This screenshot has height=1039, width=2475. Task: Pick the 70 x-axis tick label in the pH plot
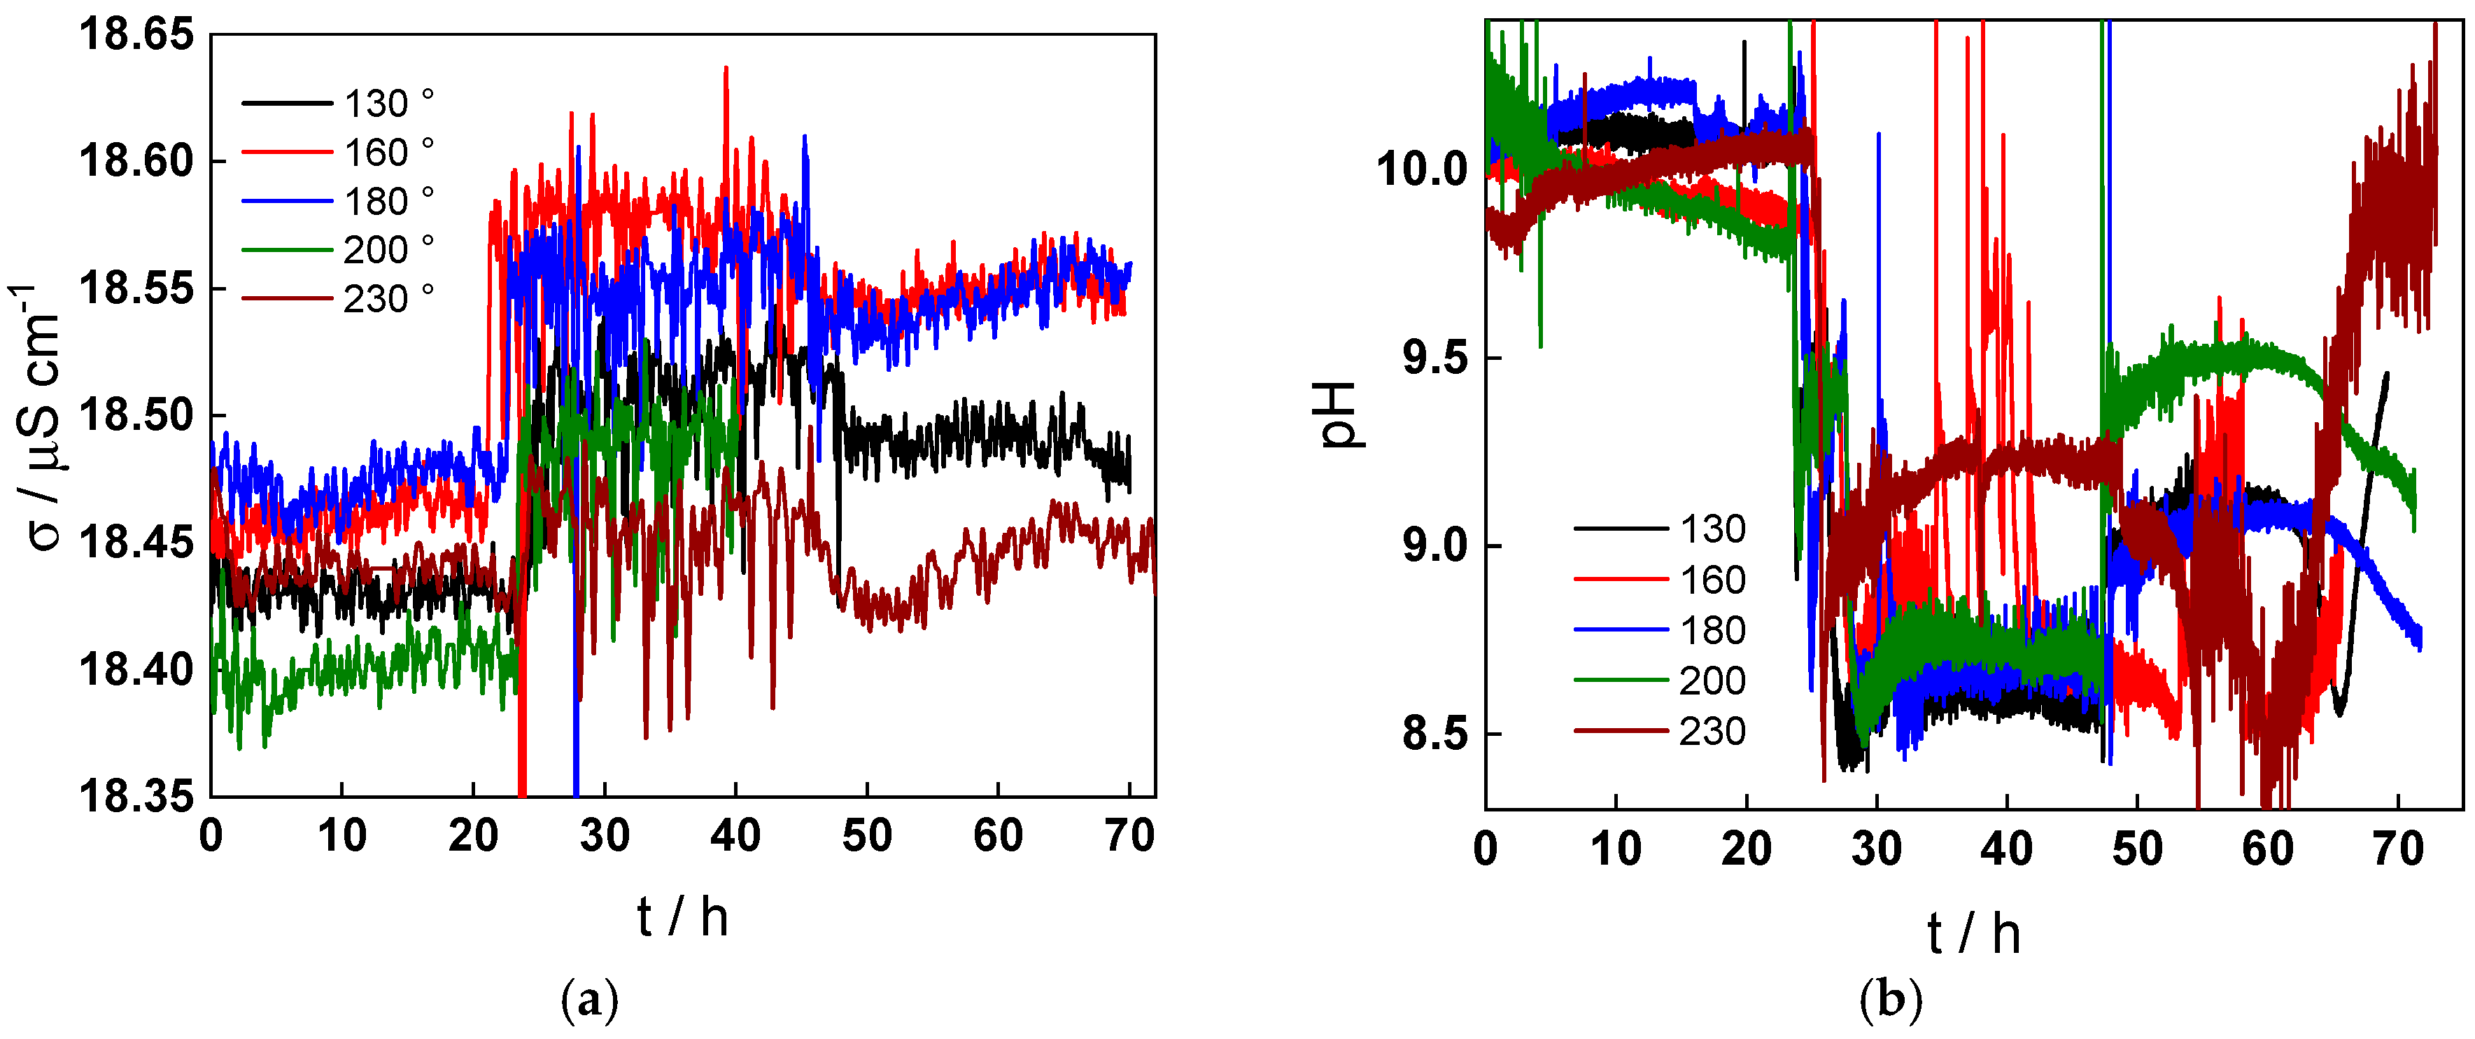point(2398,849)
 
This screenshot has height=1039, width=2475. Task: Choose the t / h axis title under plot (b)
point(1973,933)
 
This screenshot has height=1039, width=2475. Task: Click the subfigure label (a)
point(589,1000)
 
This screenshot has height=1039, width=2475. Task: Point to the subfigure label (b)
point(1891,1000)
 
